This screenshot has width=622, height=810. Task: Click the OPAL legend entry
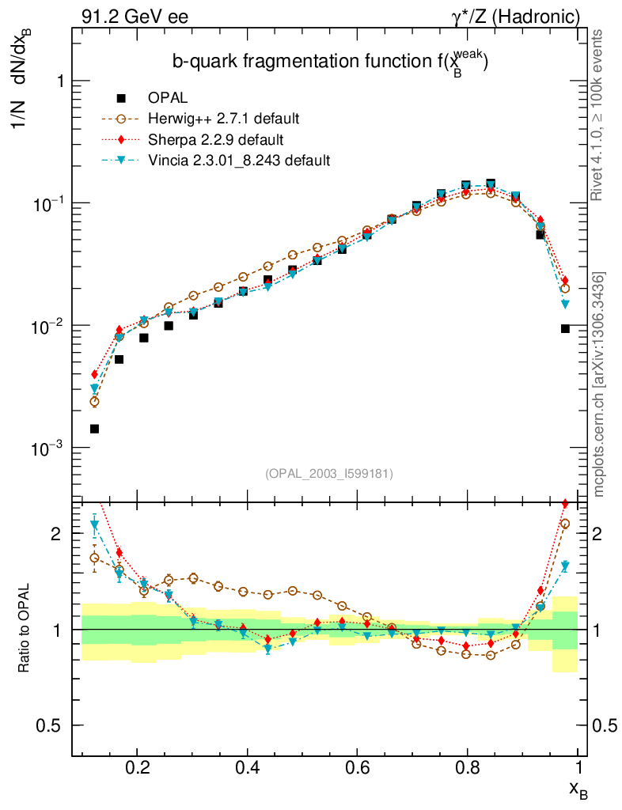pyautogui.click(x=167, y=98)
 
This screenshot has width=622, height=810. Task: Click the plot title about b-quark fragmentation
pyautogui.click(x=329, y=62)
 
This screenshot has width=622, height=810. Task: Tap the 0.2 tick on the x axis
pyautogui.click(x=137, y=767)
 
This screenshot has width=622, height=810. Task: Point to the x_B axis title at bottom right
pyautogui.click(x=578, y=789)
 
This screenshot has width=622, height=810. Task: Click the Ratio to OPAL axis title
pyautogui.click(x=25, y=629)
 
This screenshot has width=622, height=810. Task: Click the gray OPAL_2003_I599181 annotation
pyautogui.click(x=328, y=473)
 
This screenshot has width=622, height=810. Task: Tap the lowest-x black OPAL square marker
pyautogui.click(x=94, y=429)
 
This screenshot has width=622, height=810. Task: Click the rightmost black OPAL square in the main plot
pyautogui.click(x=565, y=328)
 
